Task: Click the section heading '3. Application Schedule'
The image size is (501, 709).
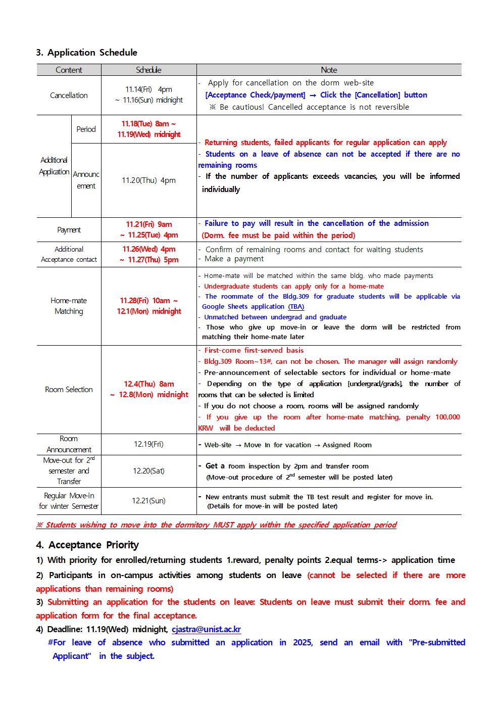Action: (86, 53)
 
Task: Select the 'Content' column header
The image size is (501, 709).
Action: (69, 70)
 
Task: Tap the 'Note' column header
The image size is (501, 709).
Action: (329, 70)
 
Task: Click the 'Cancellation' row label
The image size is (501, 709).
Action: (69, 95)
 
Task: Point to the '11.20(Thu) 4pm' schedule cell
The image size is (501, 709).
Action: (148, 180)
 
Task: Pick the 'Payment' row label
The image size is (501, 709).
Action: (69, 230)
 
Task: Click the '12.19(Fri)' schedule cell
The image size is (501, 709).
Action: (148, 444)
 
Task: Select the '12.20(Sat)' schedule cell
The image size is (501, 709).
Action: (148, 471)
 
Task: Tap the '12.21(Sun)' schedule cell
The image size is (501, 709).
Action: (148, 500)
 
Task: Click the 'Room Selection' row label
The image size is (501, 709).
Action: (69, 390)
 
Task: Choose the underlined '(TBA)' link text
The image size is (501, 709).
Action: (296, 307)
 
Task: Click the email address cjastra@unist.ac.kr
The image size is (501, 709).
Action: (206, 629)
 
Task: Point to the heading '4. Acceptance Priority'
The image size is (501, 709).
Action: (87, 545)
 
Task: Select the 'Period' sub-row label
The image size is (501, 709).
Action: (86, 129)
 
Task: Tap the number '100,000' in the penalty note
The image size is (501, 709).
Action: (447, 417)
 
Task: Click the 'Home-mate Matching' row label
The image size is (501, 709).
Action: (69, 306)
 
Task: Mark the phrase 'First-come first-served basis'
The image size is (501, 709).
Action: (254, 350)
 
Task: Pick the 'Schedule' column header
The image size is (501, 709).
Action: (148, 70)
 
